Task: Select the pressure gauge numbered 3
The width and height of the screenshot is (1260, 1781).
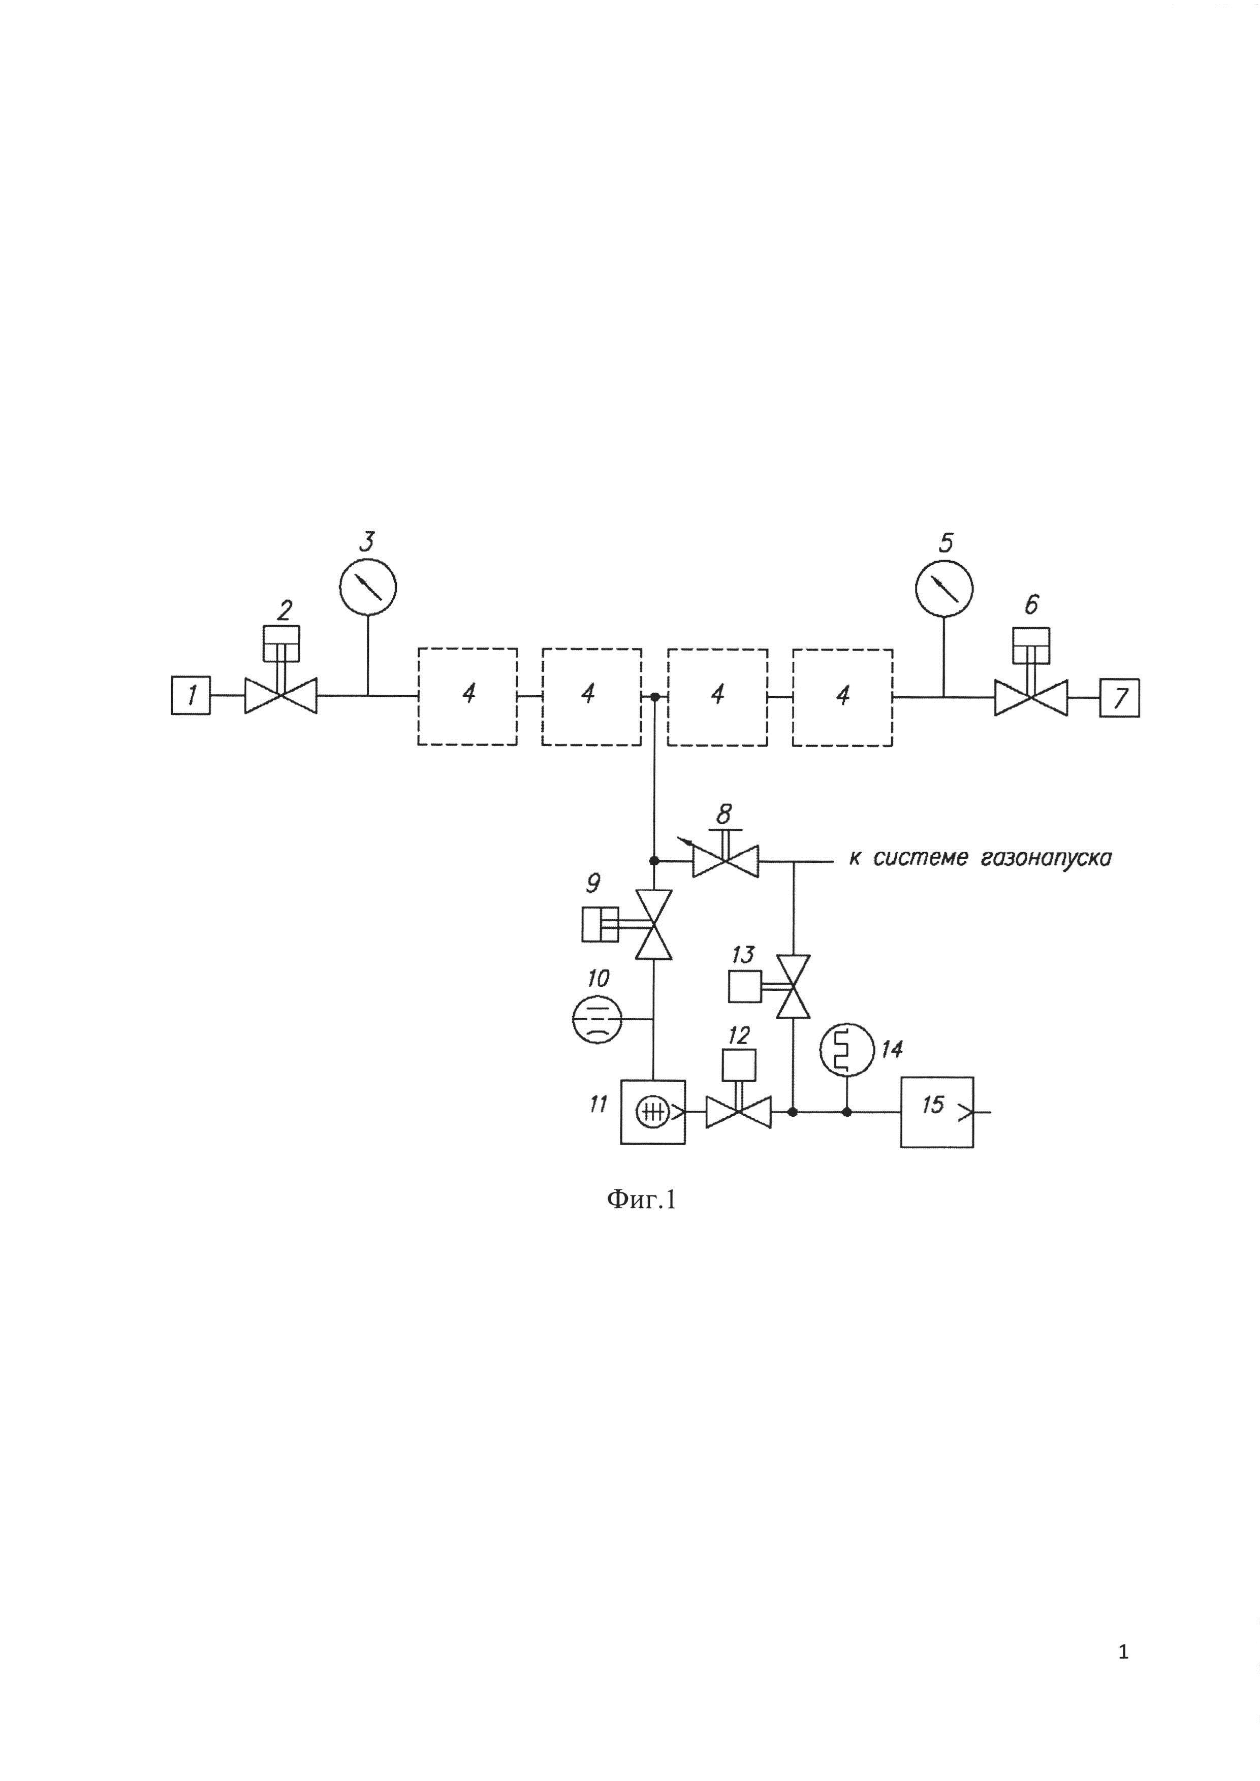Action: click(368, 587)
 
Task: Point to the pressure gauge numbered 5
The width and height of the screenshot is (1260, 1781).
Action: click(943, 587)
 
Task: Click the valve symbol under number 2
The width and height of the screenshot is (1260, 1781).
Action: click(281, 695)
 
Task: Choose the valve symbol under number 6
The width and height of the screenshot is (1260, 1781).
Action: click(1031, 697)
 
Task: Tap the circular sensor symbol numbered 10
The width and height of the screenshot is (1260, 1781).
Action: click(596, 1019)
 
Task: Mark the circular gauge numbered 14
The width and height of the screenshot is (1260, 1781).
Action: click(846, 1049)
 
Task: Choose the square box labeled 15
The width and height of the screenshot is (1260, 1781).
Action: click(936, 1112)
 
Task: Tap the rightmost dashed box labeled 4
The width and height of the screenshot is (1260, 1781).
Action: click(842, 697)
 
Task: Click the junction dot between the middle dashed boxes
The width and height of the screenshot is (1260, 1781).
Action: click(654, 697)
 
